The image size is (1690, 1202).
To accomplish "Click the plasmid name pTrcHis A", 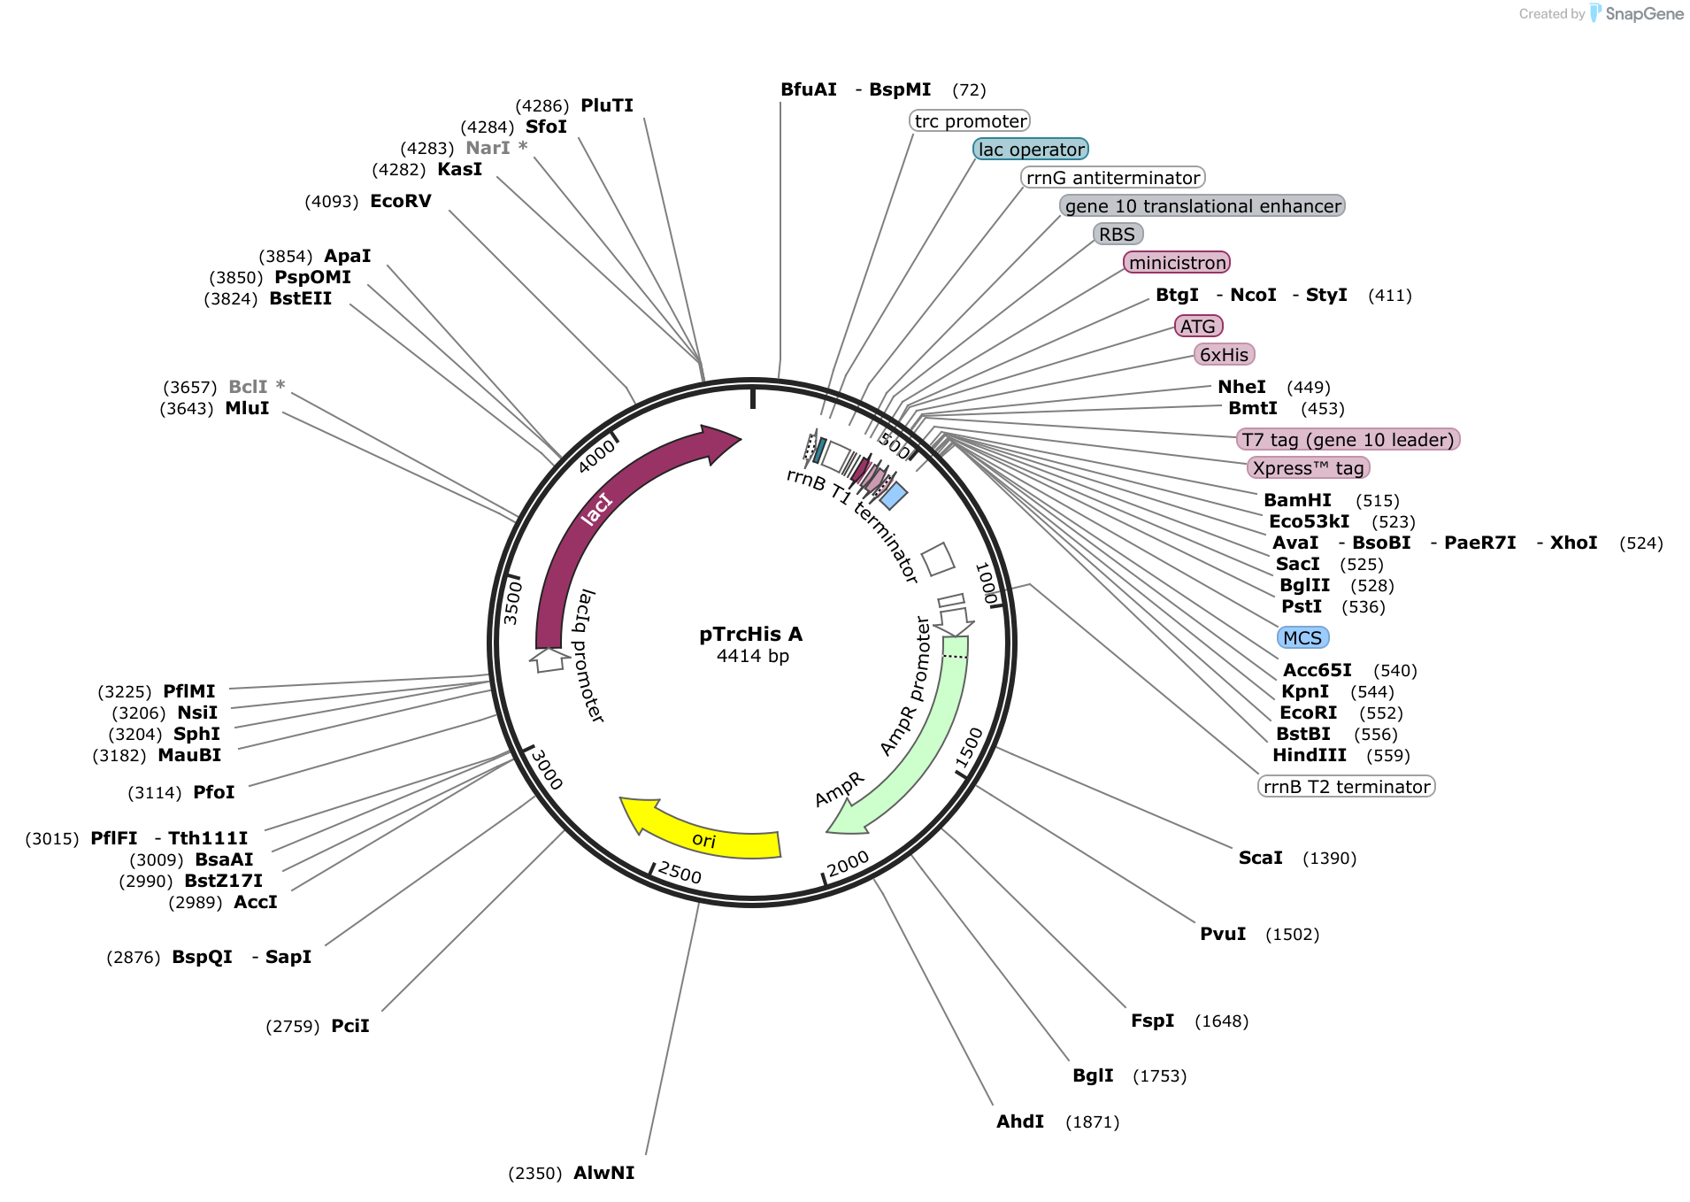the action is coord(751,634).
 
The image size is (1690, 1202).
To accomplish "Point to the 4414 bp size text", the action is coord(753,656).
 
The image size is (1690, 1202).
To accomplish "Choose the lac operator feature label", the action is coord(1031,150).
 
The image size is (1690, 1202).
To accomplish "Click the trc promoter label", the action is coord(971,121).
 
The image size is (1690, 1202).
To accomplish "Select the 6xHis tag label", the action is coord(1225,355).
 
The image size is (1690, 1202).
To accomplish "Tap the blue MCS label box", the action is coord(1302,638).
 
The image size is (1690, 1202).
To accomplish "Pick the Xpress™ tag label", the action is coord(1309,468).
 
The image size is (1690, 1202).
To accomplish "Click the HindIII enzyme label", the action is coord(1310,755).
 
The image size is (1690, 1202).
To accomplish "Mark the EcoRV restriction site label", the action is coord(401,201).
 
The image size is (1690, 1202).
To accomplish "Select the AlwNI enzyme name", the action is coord(604,1173).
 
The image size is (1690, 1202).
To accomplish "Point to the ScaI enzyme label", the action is coord(1260,858).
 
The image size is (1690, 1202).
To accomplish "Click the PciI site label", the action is coord(350,1026).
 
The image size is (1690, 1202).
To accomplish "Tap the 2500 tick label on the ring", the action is coord(680,873).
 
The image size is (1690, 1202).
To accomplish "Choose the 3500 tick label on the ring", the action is coord(512,603).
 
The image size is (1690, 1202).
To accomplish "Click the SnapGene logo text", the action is coord(1644,13).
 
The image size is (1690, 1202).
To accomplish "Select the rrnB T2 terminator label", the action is coord(1347,787).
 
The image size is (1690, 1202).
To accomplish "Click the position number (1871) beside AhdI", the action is coord(1093,1122).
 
